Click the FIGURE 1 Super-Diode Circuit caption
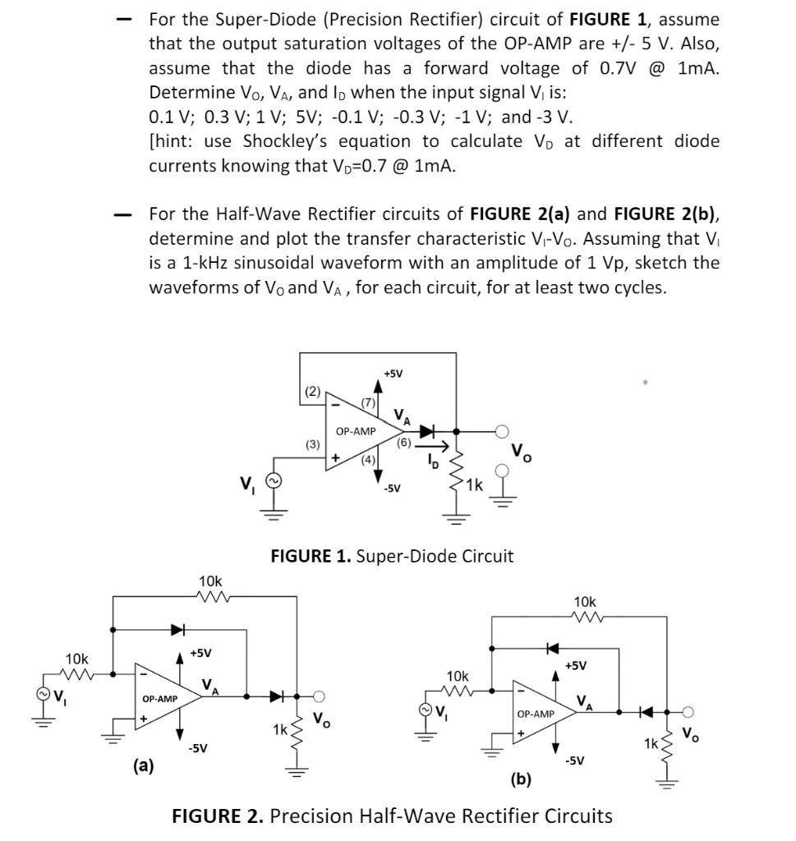click(392, 556)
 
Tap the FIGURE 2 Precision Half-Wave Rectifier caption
click(392, 816)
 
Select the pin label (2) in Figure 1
click(312, 392)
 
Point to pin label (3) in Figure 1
click(312, 444)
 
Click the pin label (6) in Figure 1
click(403, 442)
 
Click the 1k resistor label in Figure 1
click(474, 485)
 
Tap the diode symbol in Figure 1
click(428, 430)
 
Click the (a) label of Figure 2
click(144, 765)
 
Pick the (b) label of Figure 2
click(520, 777)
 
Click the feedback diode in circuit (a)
click(177, 630)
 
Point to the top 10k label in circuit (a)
click(211, 581)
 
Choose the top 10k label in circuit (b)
click(586, 601)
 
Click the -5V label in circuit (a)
click(197, 748)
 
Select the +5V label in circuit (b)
click(575, 664)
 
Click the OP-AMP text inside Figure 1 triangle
click(356, 430)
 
